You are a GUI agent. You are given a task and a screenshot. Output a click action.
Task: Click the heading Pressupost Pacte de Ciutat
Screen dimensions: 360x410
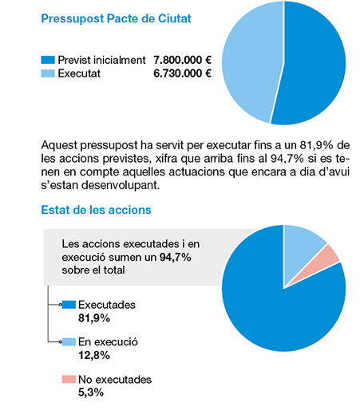click(117, 19)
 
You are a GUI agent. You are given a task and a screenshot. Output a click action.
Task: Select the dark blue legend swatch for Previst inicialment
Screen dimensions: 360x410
click(48, 60)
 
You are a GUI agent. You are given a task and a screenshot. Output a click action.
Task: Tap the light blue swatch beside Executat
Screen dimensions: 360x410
click(48, 73)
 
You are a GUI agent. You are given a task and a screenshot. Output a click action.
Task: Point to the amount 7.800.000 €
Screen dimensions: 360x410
click(182, 60)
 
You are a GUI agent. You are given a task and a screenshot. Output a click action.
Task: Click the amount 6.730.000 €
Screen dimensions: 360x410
click(182, 73)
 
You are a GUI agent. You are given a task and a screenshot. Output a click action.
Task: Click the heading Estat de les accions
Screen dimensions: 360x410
click(97, 210)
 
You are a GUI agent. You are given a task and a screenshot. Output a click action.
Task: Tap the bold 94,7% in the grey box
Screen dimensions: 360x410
click(176, 257)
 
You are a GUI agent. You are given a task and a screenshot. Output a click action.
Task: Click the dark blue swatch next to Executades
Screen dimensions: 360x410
click(69, 305)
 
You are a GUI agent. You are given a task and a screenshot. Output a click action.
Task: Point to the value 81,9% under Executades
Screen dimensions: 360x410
click(94, 318)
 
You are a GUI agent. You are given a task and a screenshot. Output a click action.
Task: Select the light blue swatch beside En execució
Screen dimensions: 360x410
click(69, 341)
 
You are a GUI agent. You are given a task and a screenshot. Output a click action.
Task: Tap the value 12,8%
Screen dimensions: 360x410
click(94, 355)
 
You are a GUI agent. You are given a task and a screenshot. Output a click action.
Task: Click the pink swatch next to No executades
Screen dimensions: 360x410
click(69, 379)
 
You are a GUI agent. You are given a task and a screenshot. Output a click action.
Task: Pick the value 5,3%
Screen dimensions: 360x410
click(91, 392)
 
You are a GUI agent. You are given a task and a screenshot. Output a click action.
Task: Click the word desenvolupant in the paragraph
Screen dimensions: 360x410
click(121, 185)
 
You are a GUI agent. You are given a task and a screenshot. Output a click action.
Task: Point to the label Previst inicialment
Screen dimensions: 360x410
click(102, 60)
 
